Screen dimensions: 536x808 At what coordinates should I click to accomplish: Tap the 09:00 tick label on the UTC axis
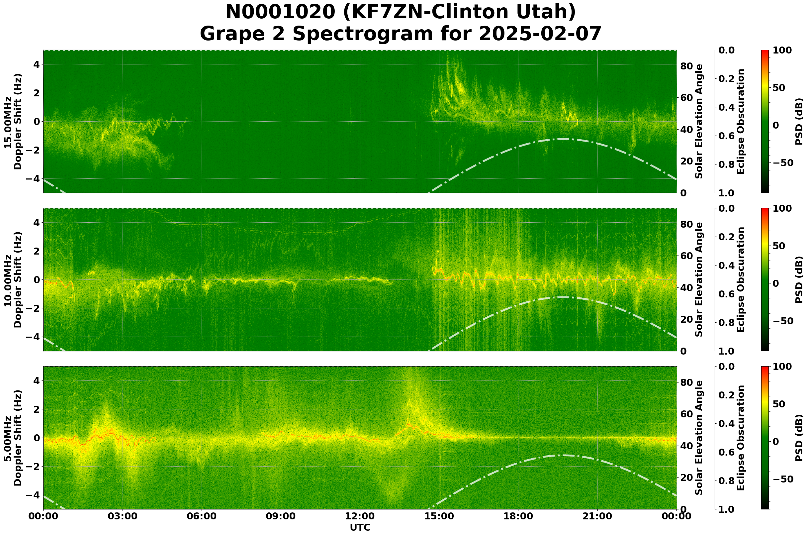(x=281, y=516)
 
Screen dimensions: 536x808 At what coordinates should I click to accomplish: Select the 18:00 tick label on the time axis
(x=518, y=516)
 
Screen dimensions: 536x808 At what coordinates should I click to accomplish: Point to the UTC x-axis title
(x=360, y=527)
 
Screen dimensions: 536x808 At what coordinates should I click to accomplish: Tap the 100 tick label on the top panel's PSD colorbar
(x=782, y=51)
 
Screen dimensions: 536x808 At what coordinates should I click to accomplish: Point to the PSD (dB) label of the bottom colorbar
(x=799, y=438)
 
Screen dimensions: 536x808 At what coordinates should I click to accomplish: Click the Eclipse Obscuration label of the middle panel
(x=740, y=279)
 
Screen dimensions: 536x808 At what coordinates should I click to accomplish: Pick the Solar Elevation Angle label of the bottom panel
(x=699, y=438)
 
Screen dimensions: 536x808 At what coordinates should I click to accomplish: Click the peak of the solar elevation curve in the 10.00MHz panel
(x=563, y=297)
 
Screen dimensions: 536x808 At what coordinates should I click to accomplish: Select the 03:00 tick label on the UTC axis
(x=122, y=516)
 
